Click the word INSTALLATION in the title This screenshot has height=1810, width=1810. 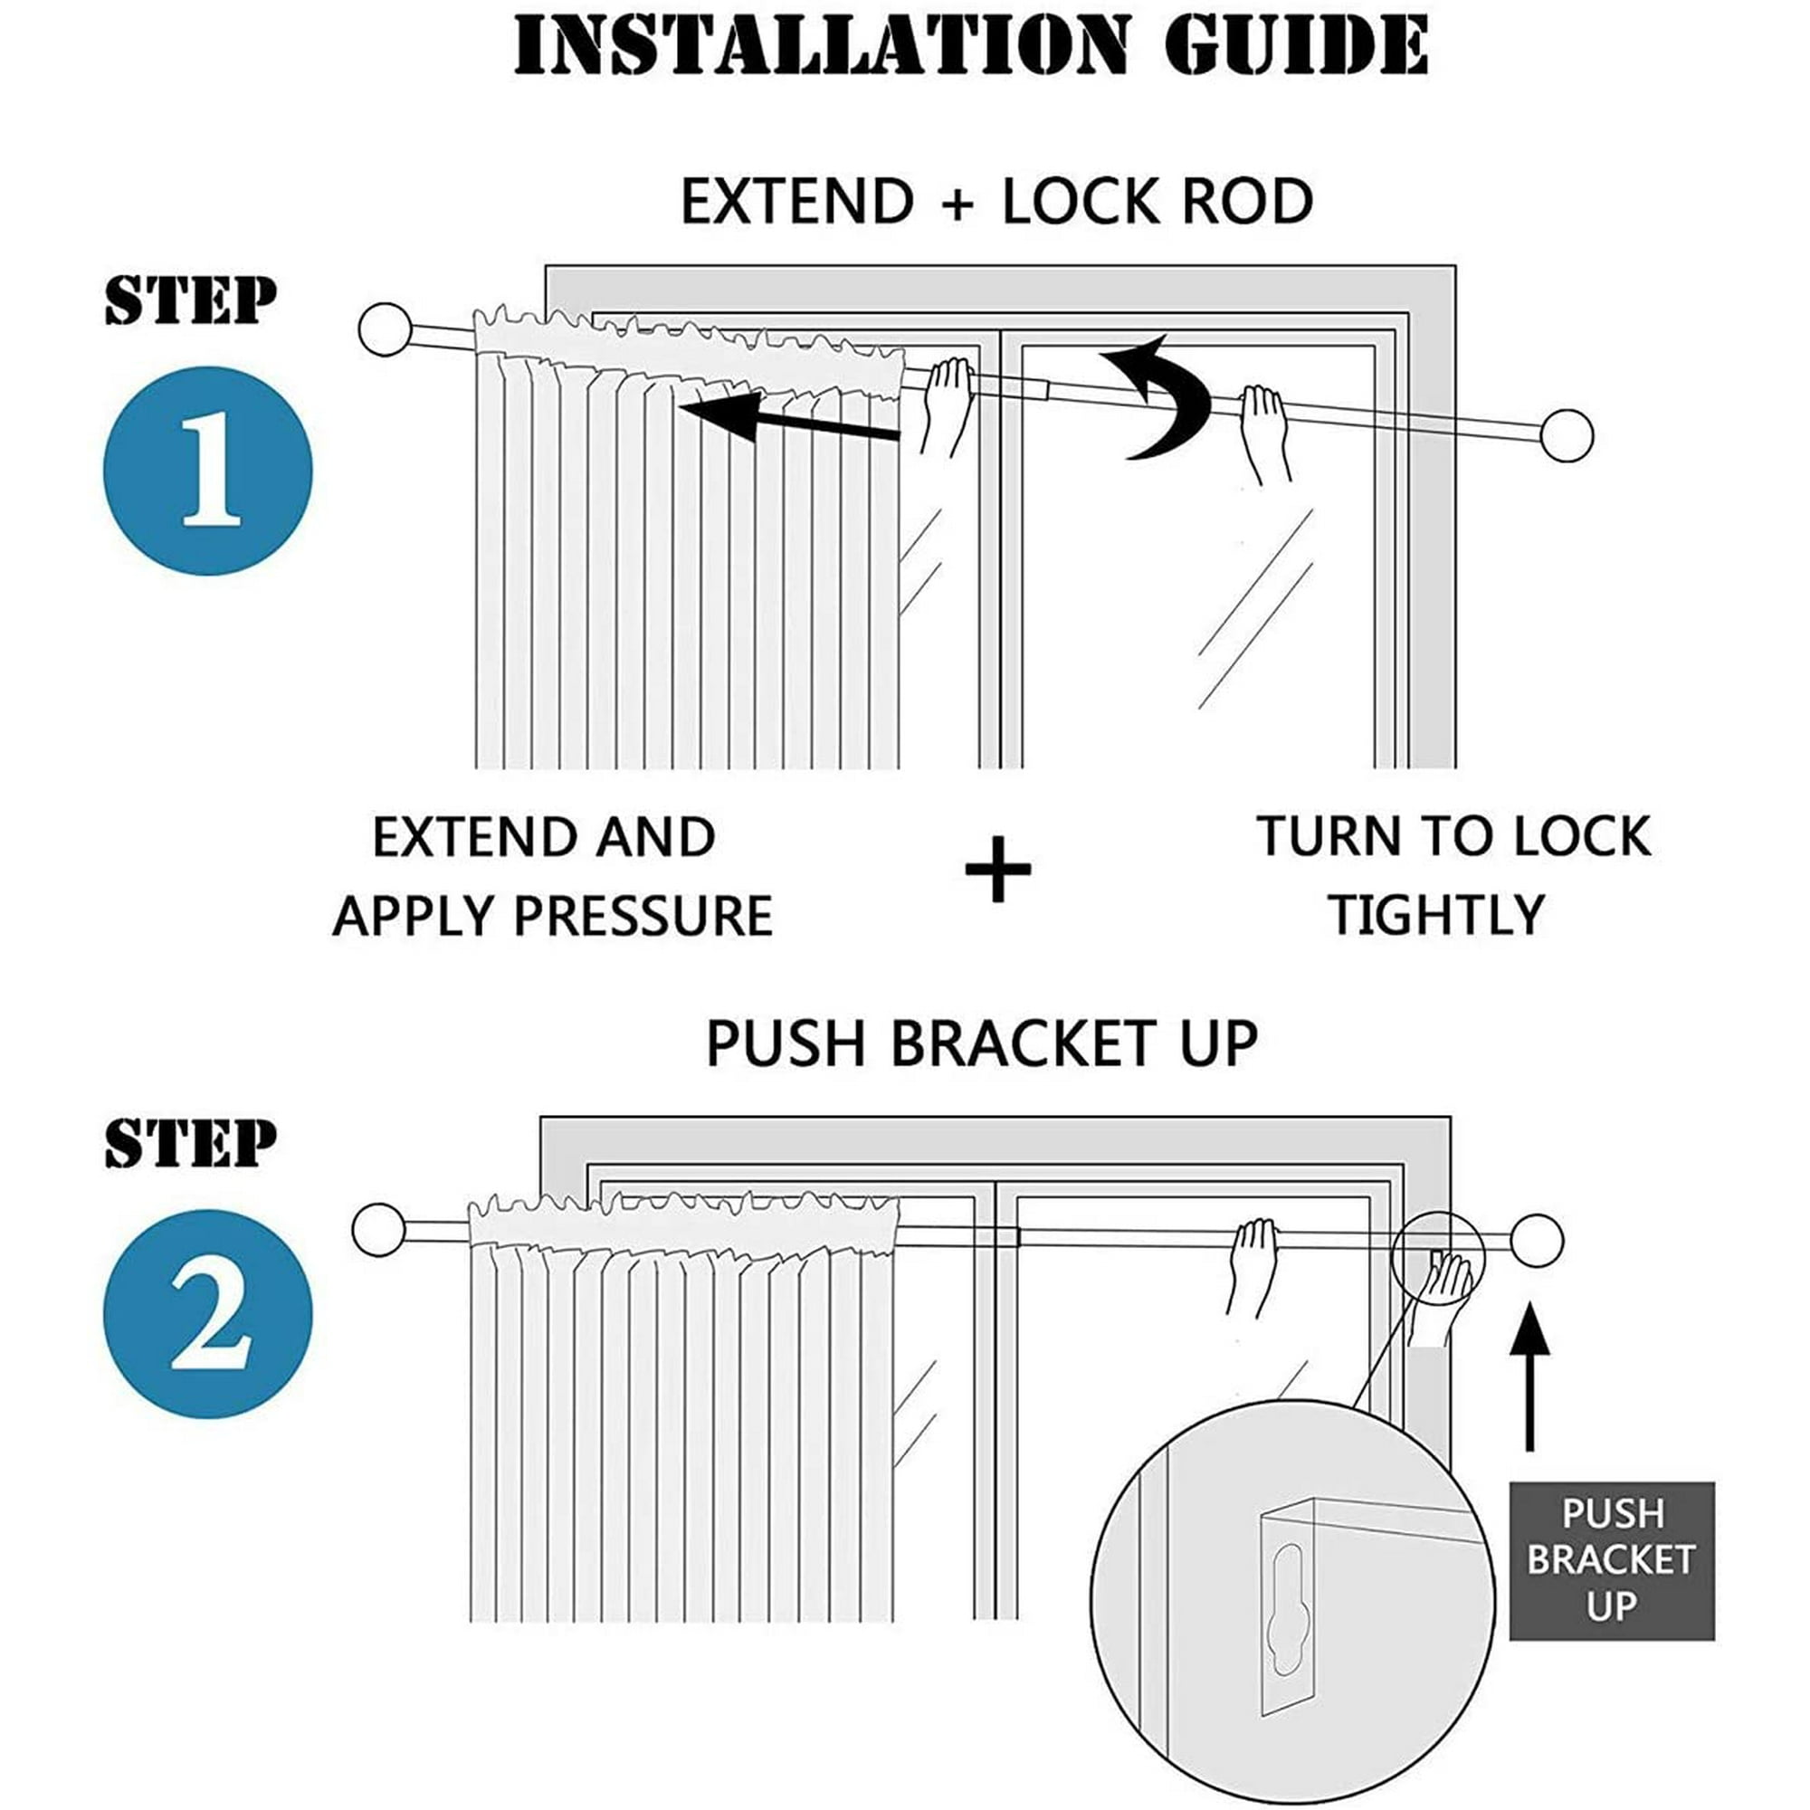(821, 45)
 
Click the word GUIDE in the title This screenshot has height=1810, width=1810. (1297, 45)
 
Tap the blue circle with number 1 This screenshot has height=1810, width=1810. (208, 471)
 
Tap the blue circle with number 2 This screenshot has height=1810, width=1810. (208, 1313)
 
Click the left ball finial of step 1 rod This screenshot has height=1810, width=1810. (385, 329)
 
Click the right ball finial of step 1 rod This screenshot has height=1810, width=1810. (1567, 435)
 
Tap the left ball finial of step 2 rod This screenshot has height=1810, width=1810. (379, 1230)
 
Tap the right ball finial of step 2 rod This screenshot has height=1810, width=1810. (1537, 1240)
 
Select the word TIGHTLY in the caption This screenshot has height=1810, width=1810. (1437, 916)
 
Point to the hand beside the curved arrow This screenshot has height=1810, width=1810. (1265, 433)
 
